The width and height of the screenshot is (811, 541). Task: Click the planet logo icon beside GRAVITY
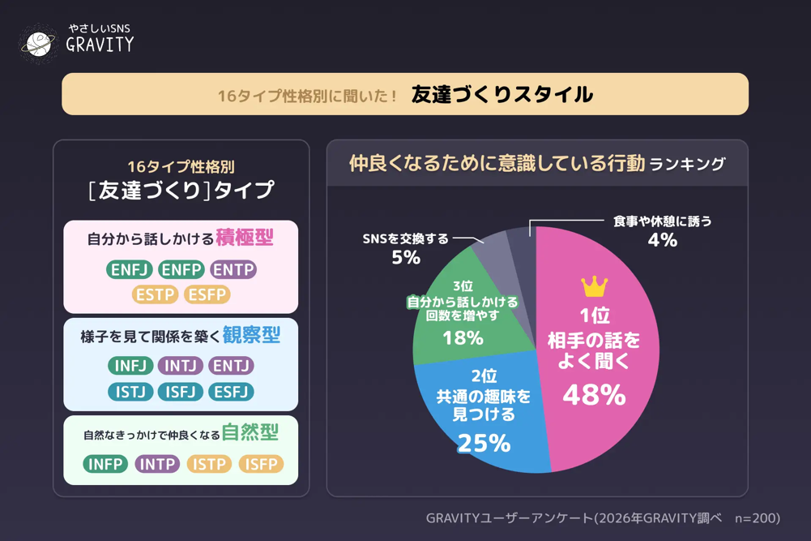[37, 43]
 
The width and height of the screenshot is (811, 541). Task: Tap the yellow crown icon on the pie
[594, 286]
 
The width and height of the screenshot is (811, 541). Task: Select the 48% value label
[594, 395]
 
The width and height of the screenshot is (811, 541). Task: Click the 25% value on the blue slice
[484, 443]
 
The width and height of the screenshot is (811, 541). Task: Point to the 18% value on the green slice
[463, 337]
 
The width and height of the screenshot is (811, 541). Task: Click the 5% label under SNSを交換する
[406, 257]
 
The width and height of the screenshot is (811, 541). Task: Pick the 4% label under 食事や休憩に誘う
[662, 239]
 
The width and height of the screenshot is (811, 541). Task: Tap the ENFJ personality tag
[130, 269]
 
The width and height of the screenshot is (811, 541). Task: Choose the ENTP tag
[233, 269]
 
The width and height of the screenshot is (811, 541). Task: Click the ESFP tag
[207, 294]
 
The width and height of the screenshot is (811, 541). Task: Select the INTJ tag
[181, 366]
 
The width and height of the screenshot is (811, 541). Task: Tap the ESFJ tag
[231, 392]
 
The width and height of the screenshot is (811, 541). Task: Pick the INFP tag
[105, 464]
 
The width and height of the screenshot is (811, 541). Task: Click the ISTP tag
[209, 464]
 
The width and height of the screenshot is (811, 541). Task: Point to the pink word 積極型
[245, 238]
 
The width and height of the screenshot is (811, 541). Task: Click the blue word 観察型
[251, 335]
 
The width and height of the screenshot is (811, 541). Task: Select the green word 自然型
[250, 433]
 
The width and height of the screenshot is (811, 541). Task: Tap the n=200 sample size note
[757, 518]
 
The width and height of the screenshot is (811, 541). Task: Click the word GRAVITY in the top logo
[100, 45]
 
